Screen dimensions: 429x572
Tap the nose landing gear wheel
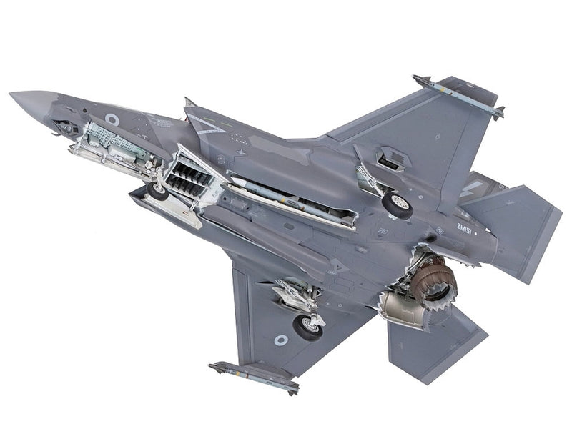click(157, 190)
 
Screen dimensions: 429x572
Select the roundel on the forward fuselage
click(112, 119)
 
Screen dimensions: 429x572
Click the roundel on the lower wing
click(281, 340)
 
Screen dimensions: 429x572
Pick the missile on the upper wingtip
click(458, 96)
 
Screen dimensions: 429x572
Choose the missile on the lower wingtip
click(254, 377)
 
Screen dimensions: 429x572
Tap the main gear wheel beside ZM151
click(397, 204)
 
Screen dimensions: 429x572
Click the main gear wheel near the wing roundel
click(307, 326)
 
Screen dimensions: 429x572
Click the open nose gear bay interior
click(114, 143)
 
